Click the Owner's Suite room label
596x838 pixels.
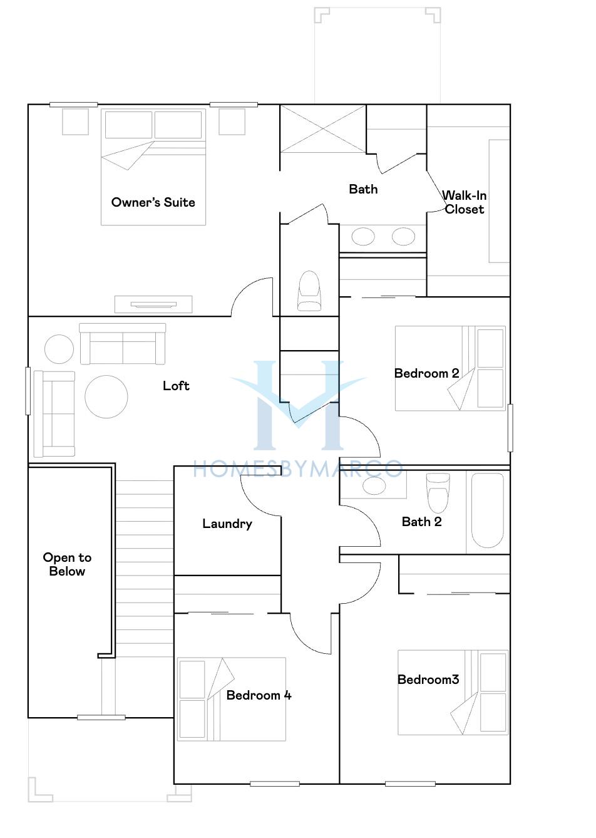(153, 202)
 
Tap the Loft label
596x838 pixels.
(176, 386)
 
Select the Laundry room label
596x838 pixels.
(227, 524)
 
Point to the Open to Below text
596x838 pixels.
(68, 564)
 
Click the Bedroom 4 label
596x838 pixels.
(259, 695)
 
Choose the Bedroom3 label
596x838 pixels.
(428, 679)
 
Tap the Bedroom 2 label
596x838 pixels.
(426, 373)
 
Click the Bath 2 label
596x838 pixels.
(422, 522)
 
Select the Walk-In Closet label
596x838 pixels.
(465, 202)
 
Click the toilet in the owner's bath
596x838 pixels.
(309, 291)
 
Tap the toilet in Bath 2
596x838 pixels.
(438, 493)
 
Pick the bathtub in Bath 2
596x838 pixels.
(487, 510)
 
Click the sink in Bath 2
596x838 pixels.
(374, 486)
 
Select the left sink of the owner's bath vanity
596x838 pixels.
(363, 237)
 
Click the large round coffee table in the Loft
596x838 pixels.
(106, 396)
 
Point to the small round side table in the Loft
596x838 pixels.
(59, 349)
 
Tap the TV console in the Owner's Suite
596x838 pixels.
(153, 304)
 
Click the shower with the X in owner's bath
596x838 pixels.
(322, 128)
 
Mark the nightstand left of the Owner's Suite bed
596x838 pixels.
(75, 122)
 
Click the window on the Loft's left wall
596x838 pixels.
(28, 391)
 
